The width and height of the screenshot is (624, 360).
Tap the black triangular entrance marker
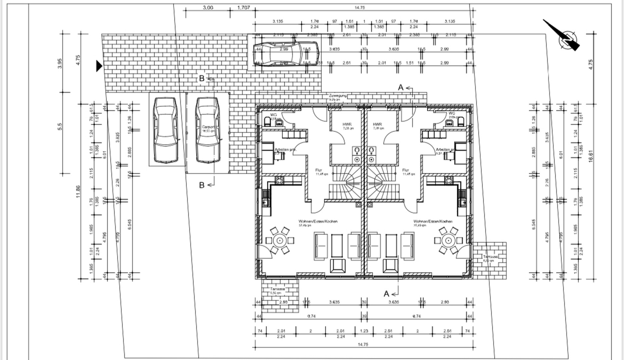(x=99, y=66)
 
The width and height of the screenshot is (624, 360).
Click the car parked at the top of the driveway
(x=286, y=54)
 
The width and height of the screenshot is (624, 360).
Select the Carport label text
(x=208, y=127)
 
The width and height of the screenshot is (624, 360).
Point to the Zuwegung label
(x=338, y=96)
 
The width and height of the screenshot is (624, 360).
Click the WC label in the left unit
(x=274, y=115)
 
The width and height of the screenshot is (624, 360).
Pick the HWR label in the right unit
(x=377, y=124)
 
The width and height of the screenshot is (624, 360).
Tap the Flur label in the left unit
(x=319, y=170)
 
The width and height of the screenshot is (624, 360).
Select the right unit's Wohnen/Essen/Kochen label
(x=433, y=221)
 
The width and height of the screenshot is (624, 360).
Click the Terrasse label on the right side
(x=490, y=257)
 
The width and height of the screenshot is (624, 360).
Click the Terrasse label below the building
(x=278, y=289)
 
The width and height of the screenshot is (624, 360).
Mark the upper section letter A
(x=401, y=88)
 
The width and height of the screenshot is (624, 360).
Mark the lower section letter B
(x=202, y=185)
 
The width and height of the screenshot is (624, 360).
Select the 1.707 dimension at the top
(x=243, y=7)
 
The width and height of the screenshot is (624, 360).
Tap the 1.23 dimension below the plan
(x=364, y=331)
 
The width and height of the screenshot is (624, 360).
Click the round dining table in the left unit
(x=280, y=240)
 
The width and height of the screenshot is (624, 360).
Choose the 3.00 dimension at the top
(x=208, y=7)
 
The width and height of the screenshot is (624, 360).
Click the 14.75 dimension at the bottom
(x=363, y=345)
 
